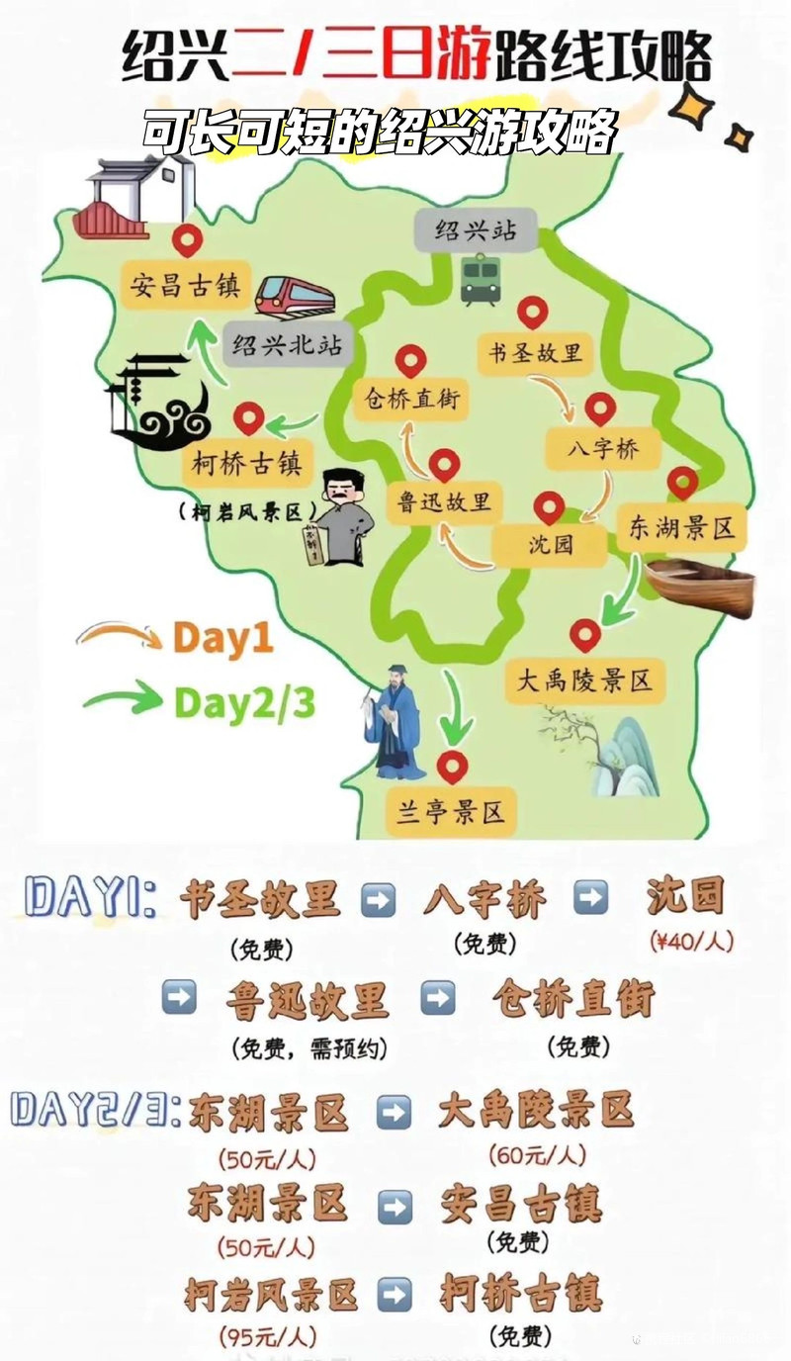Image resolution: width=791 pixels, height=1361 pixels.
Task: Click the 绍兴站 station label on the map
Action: [x=476, y=231]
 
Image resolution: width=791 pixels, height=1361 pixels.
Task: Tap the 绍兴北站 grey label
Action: [x=287, y=346]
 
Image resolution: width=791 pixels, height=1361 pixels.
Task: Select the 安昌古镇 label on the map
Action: [x=186, y=284]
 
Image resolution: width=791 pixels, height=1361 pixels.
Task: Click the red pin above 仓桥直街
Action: [x=410, y=361]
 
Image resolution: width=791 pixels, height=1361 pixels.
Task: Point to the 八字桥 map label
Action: [x=604, y=449]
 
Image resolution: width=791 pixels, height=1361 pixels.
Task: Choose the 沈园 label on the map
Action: [x=550, y=545]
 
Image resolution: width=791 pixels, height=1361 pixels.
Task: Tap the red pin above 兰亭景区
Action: [x=452, y=766]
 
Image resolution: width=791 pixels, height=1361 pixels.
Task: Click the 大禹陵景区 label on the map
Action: [x=585, y=680]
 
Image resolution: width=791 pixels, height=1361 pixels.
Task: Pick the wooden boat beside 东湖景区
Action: [x=701, y=586]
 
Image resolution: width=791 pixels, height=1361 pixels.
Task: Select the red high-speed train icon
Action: [x=294, y=294]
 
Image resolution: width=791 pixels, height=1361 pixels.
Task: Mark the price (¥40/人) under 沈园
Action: [x=691, y=942]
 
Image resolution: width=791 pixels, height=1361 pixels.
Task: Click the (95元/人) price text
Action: [x=267, y=1336]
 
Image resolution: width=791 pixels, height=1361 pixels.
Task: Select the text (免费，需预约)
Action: [x=308, y=1047]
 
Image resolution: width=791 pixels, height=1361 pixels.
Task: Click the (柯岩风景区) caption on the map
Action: [x=247, y=511]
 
